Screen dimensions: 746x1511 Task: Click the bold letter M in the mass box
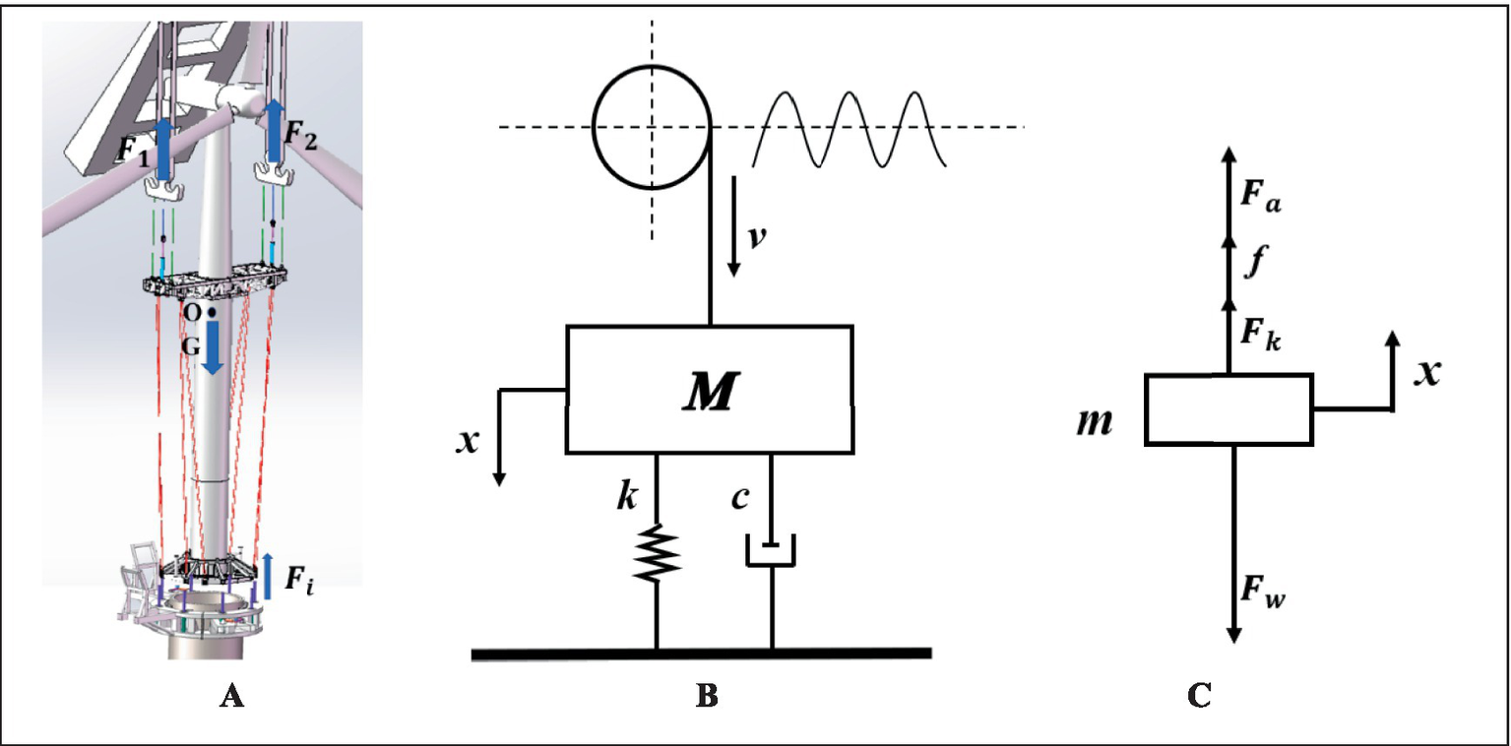pos(710,393)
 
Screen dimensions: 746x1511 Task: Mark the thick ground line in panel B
pos(701,653)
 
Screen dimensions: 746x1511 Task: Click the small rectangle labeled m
pos(1228,408)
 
